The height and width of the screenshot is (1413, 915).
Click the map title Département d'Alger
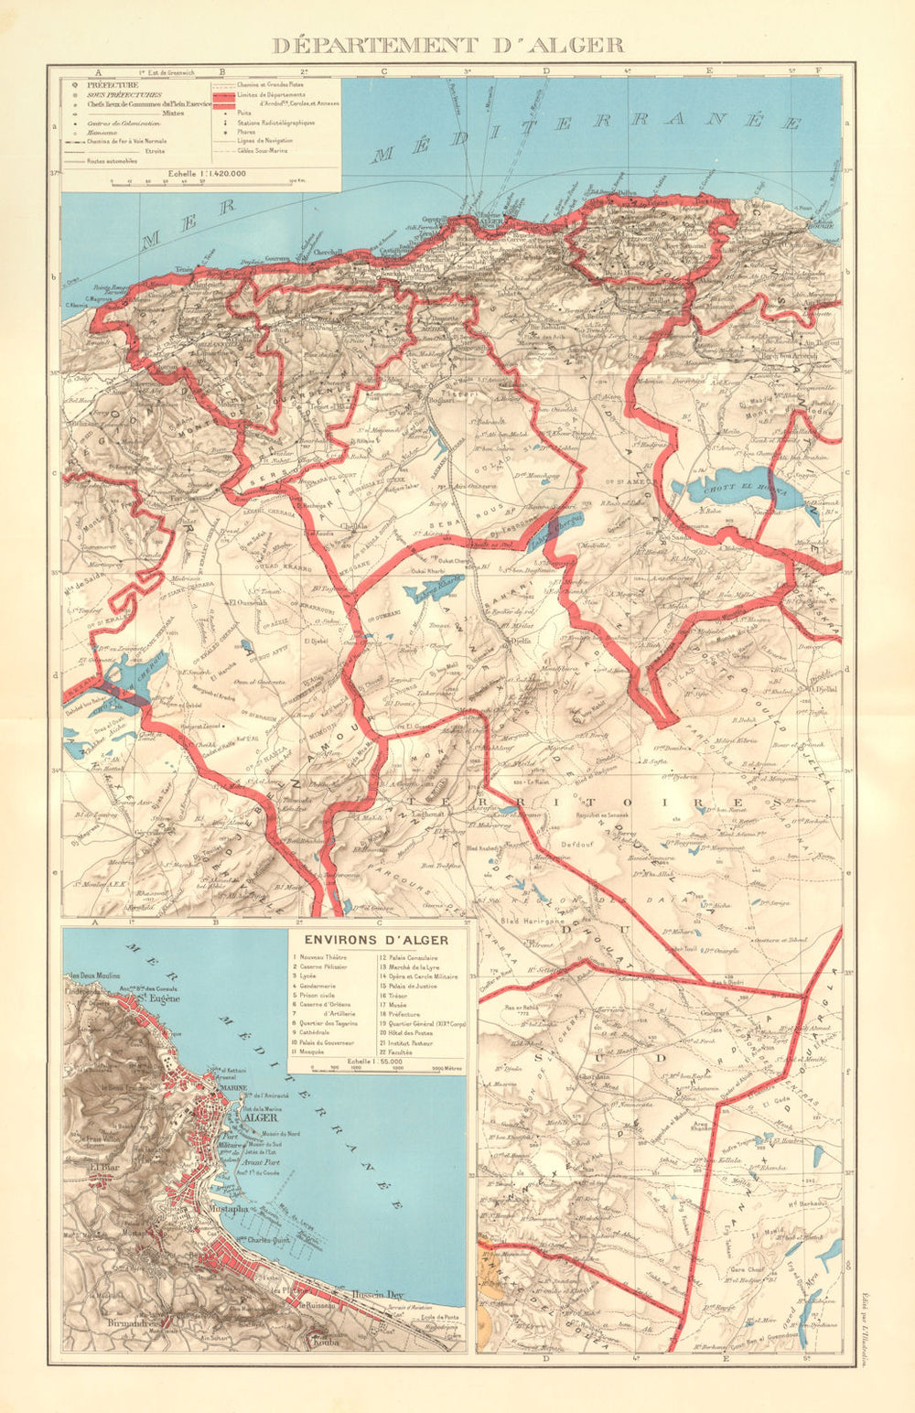tap(448, 45)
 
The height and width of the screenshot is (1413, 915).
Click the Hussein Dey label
tap(375, 1295)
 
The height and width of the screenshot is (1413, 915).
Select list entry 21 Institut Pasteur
tap(410, 1041)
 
